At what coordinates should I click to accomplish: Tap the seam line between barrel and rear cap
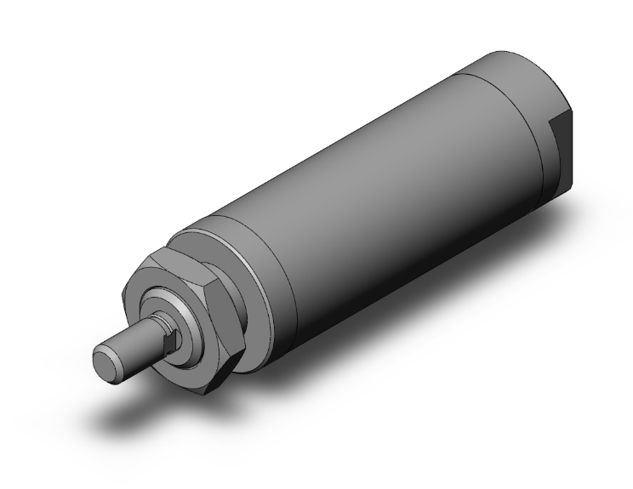click(x=510, y=94)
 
